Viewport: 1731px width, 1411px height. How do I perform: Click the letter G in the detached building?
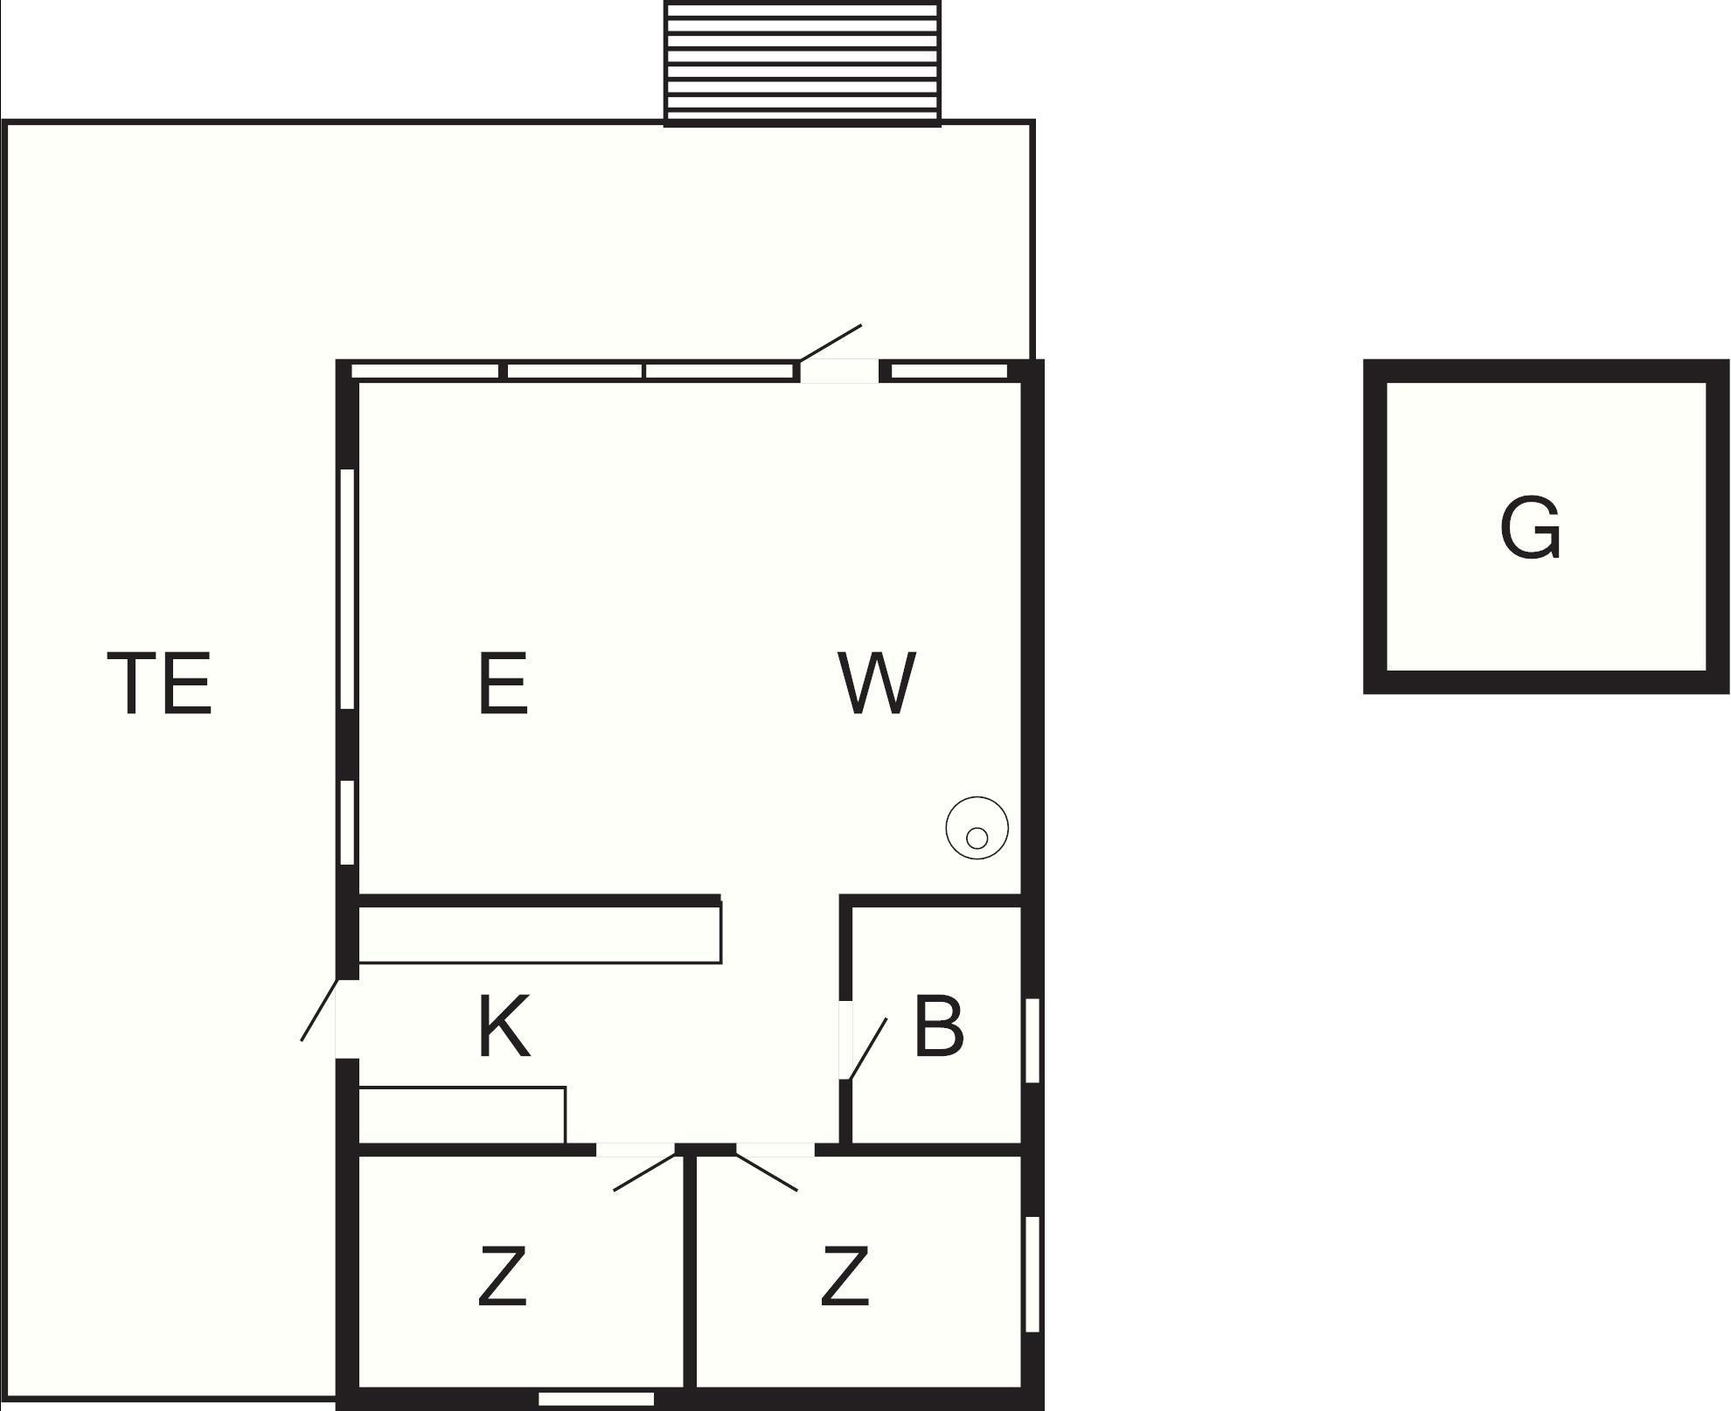coord(1530,528)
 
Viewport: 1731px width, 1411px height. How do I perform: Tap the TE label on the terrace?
coord(160,683)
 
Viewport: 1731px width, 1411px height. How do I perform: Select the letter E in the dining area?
coord(504,683)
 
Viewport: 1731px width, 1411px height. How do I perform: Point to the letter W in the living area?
coord(877,683)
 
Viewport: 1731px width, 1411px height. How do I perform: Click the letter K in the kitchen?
coord(505,1027)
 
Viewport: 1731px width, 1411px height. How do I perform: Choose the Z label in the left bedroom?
coord(503,1277)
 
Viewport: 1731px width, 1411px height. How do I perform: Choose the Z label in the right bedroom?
coord(845,1277)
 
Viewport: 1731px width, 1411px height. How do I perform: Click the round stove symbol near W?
coord(977,828)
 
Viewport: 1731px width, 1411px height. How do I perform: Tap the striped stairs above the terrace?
coord(803,63)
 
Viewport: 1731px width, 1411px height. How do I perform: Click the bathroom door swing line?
coord(867,1049)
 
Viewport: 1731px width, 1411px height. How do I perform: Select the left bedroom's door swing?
coord(647,1171)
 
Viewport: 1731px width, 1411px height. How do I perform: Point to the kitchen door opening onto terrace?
coord(320,1010)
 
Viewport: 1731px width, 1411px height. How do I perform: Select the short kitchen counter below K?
coord(462,1115)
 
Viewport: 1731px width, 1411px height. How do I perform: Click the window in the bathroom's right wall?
coord(1032,1040)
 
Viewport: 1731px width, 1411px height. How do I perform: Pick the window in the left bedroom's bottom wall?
coord(596,1399)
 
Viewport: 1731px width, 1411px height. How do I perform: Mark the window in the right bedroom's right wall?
coord(1032,1274)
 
